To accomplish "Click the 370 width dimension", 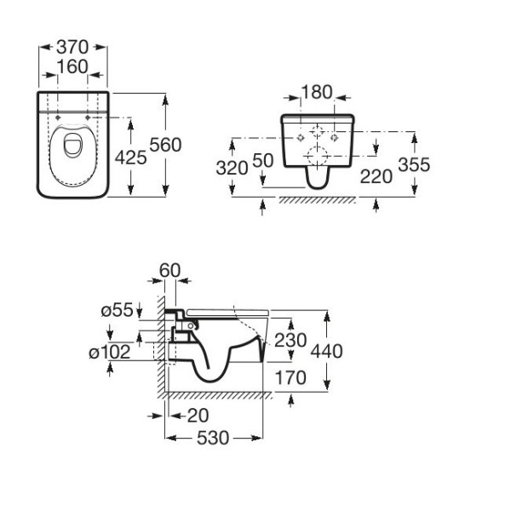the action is click(x=72, y=47).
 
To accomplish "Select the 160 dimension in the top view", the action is click(x=72, y=66).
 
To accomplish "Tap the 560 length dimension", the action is click(x=165, y=145).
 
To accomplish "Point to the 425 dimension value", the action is click(x=130, y=158).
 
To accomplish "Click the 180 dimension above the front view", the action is click(x=317, y=92).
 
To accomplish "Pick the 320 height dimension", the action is click(x=232, y=168).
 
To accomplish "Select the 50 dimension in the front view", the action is click(x=262, y=160).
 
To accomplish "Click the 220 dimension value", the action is click(x=376, y=176).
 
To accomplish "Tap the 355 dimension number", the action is click(x=414, y=164).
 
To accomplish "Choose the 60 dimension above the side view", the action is click(x=169, y=270).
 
